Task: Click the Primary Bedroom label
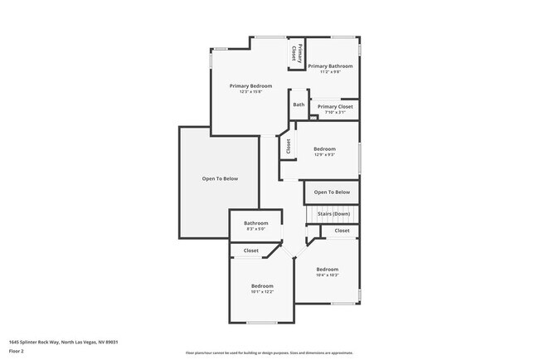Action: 251,85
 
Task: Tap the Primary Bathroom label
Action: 330,66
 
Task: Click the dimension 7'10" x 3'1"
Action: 335,112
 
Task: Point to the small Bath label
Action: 299,105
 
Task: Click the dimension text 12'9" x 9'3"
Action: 324,154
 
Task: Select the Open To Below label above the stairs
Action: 332,192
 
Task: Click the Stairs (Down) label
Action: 333,214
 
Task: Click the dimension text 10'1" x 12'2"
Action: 262,291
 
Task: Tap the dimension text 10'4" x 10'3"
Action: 327,275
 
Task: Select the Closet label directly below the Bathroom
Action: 250,250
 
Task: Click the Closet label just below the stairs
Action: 342,231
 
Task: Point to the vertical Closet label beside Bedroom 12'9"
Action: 289,146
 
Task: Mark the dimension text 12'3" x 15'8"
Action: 251,92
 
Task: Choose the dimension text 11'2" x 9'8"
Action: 330,72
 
